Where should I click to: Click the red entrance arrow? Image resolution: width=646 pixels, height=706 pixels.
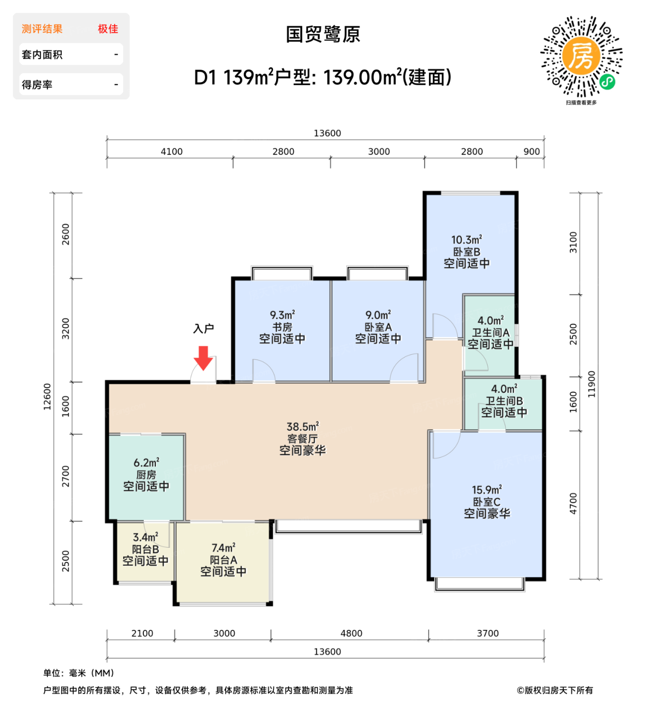click(203, 358)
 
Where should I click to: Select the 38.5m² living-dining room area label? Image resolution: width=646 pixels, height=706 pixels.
click(302, 427)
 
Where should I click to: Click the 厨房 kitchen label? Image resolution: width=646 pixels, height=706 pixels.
click(146, 475)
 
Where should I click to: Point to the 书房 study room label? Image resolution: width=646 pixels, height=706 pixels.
click(282, 327)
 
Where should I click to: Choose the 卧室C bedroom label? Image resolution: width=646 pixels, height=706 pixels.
click(487, 502)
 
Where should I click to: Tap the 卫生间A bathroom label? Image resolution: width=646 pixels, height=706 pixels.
click(490, 333)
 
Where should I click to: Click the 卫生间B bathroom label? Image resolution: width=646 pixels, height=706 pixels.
click(504, 401)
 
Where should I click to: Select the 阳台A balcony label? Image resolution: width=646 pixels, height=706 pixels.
click(223, 560)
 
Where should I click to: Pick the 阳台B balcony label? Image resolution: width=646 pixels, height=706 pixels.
click(145, 549)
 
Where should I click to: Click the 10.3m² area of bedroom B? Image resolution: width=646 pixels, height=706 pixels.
click(466, 240)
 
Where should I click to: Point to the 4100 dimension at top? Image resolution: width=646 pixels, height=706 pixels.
click(172, 152)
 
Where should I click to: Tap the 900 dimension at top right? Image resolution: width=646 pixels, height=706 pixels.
click(531, 152)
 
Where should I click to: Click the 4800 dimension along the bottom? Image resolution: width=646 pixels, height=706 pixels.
click(351, 633)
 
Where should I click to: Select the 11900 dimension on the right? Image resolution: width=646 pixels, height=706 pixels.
click(591, 384)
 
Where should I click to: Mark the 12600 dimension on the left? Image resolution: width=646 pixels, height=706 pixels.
click(47, 397)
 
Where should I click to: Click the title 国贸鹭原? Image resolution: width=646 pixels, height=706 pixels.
click(323, 35)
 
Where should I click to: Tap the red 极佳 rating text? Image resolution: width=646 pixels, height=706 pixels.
click(108, 29)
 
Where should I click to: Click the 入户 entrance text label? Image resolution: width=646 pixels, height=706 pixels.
click(203, 329)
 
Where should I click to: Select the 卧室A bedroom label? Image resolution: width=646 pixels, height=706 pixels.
click(378, 327)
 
